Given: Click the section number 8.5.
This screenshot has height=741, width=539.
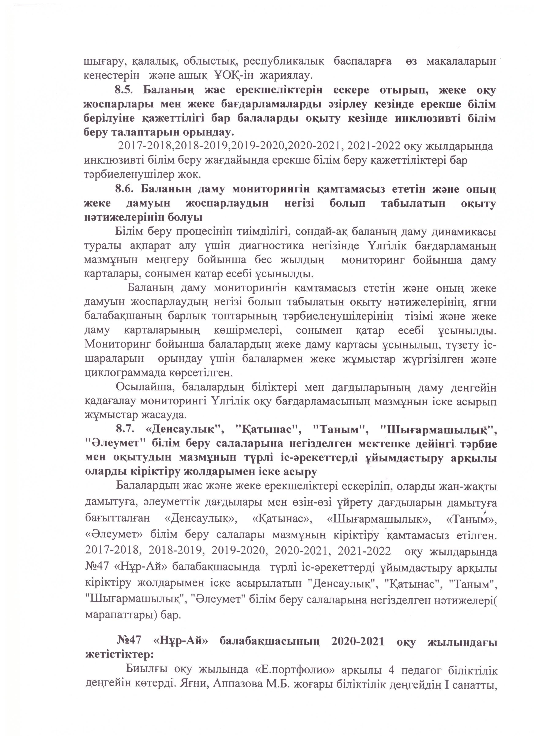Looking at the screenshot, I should tap(124, 90).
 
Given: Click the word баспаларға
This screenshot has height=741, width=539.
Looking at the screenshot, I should tap(362, 61).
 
